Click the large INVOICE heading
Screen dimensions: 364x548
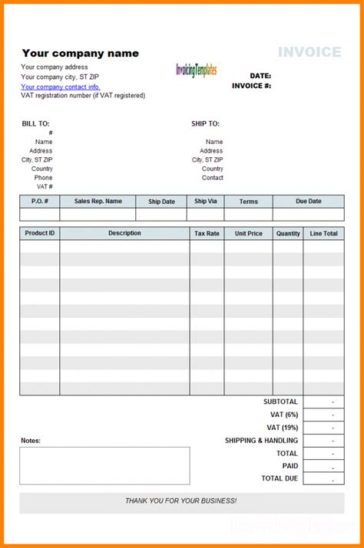click(309, 52)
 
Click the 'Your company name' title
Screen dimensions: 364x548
click(81, 53)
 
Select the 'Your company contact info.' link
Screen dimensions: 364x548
click(61, 87)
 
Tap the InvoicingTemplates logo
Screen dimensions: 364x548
click(197, 70)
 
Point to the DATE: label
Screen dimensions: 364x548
click(260, 76)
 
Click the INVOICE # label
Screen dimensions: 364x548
click(251, 86)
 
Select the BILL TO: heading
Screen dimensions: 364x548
click(35, 123)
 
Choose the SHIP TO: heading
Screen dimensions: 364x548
click(205, 123)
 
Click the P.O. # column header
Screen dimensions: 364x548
click(40, 202)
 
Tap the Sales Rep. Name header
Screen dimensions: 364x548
click(98, 202)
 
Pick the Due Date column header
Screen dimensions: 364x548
click(308, 202)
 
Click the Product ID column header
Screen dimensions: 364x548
click(40, 233)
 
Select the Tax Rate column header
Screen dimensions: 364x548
click(207, 233)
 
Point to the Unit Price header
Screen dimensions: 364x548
click(249, 233)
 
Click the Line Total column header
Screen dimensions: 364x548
click(323, 233)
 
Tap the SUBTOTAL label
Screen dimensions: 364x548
click(280, 402)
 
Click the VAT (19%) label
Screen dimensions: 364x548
click(282, 427)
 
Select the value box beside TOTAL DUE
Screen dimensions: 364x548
click(323, 478)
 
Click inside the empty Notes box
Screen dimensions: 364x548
click(104, 465)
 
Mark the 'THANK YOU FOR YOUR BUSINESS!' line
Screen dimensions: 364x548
click(181, 500)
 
